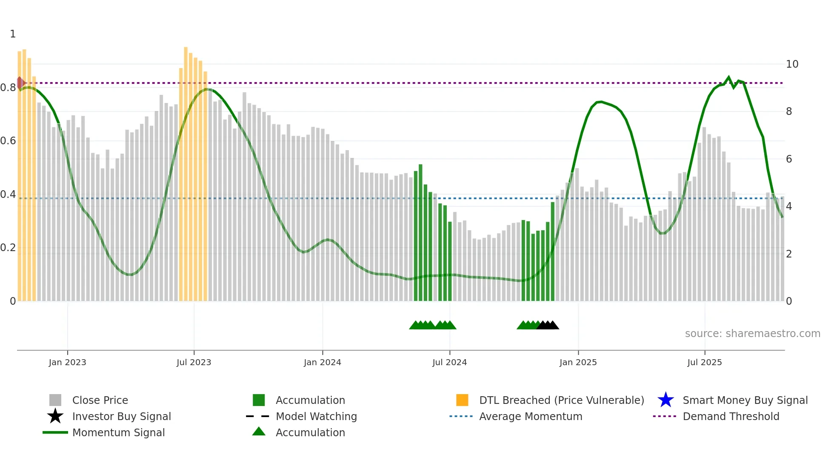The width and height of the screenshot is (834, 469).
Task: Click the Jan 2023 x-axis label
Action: (x=67, y=362)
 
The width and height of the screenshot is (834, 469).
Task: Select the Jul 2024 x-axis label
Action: (x=449, y=362)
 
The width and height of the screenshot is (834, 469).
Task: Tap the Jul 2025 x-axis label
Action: (x=704, y=362)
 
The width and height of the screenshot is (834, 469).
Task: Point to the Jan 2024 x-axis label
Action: (x=322, y=362)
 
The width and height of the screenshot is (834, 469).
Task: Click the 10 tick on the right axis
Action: (x=792, y=64)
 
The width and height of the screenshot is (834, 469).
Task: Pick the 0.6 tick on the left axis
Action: (x=8, y=141)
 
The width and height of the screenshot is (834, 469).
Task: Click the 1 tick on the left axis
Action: (x=13, y=34)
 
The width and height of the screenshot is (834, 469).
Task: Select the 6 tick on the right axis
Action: (x=789, y=159)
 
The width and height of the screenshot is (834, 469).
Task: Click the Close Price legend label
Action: (x=100, y=400)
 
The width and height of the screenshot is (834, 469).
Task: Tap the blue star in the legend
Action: (x=665, y=400)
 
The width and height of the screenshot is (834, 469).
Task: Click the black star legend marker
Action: (x=55, y=416)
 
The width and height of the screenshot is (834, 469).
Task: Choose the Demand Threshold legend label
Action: (x=731, y=416)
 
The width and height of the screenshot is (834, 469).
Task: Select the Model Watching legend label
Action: (x=316, y=416)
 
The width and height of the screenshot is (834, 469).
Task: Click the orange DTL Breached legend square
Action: (x=462, y=400)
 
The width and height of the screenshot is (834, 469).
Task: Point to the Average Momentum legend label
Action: (x=531, y=416)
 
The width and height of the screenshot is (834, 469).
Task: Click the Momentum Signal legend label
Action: (x=118, y=432)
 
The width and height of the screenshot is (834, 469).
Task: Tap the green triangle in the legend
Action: (x=259, y=432)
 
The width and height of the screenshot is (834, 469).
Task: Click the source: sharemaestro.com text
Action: (x=752, y=334)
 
